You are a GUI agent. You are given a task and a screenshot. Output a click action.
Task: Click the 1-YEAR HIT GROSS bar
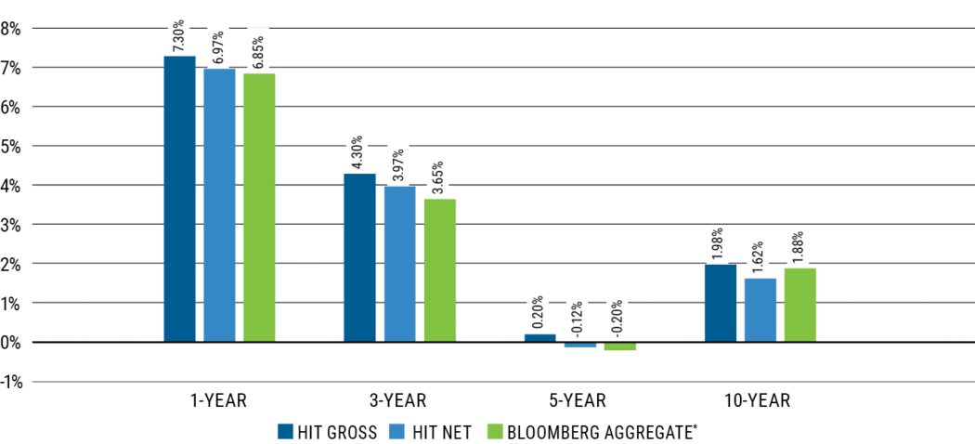[180, 199]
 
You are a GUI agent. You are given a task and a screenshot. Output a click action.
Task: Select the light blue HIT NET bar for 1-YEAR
[219, 205]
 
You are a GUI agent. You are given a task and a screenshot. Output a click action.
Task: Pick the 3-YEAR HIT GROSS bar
[360, 257]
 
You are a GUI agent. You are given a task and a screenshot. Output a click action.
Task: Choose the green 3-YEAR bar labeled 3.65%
[440, 270]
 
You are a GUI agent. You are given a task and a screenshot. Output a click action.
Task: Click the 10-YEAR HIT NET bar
[760, 310]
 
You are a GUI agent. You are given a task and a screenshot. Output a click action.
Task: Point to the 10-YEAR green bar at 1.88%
[799, 305]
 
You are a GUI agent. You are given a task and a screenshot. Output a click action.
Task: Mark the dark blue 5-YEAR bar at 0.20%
[540, 338]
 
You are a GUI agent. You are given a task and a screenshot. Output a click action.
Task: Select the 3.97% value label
[400, 162]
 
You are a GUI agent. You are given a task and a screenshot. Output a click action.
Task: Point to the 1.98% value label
[721, 241]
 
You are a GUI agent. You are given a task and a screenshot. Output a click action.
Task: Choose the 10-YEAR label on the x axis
[757, 400]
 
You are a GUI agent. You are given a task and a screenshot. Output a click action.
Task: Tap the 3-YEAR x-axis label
[398, 400]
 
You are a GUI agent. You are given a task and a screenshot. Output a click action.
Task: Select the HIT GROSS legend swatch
[286, 431]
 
